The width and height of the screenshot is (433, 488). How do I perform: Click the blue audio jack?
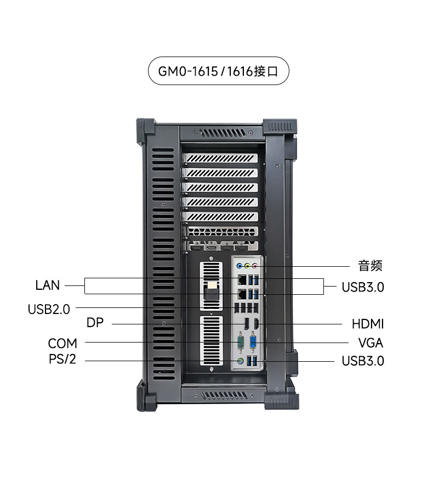(240, 266)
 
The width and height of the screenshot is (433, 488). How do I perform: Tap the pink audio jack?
(255, 266)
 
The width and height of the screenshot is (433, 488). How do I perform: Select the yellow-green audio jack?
(247, 266)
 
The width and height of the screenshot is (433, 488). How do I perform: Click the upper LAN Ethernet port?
(242, 280)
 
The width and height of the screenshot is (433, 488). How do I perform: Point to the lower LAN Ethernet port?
(242, 294)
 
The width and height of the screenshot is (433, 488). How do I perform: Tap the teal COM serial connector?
(240, 341)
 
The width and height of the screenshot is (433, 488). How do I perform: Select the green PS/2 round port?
(240, 361)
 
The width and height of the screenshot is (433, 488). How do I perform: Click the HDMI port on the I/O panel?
(257, 324)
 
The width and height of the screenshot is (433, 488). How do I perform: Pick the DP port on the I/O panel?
(246, 324)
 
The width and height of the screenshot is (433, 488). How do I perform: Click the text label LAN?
(47, 285)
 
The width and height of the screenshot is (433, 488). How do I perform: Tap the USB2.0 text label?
(49, 310)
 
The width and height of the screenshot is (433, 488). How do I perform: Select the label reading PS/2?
(62, 359)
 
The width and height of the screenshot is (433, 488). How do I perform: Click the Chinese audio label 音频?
(370, 266)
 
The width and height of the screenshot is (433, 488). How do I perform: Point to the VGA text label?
(371, 343)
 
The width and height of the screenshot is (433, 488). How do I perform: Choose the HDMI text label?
(368, 324)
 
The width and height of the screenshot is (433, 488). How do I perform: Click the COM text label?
(62, 344)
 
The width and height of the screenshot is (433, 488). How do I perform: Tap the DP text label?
(95, 323)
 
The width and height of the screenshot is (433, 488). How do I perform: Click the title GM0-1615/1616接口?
(218, 71)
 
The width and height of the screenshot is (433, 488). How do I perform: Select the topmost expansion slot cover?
(220, 158)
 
